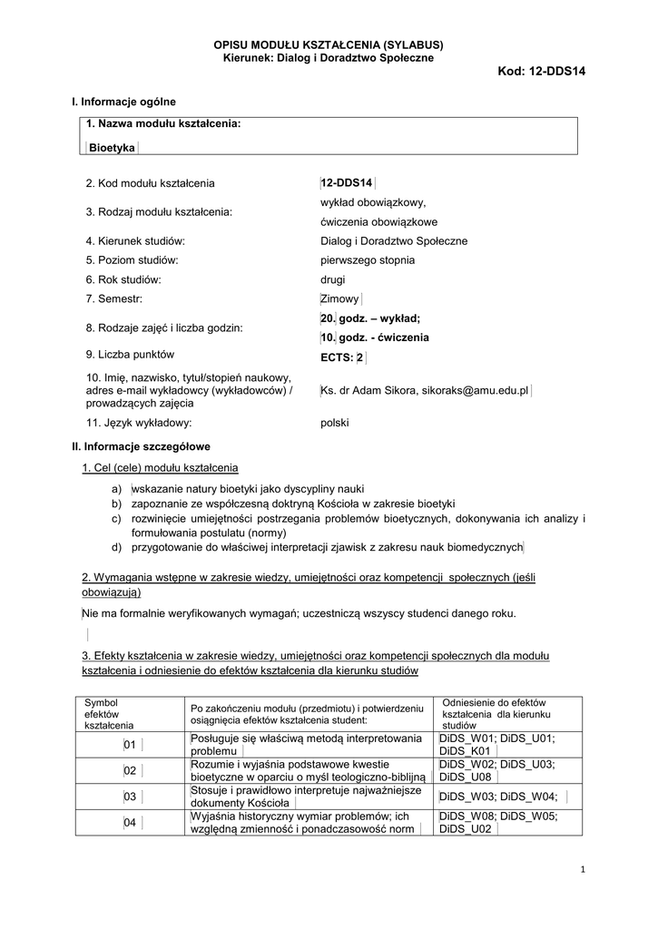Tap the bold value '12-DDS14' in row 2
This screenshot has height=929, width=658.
(347, 183)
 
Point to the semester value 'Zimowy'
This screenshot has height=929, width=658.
(340, 298)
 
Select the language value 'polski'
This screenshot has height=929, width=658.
(335, 423)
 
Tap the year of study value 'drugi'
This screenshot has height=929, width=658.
(333, 279)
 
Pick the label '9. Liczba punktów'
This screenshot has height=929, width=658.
(130, 355)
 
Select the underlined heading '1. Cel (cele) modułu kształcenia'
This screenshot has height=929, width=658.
(160, 467)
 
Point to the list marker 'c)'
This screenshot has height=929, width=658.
(116, 518)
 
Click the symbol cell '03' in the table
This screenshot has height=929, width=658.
(129, 797)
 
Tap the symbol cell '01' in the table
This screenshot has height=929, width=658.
(129, 745)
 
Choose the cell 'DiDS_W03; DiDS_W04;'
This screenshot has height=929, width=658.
(496, 797)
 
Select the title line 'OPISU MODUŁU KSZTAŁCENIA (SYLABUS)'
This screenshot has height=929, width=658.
(329, 44)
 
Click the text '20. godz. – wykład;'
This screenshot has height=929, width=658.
(370, 318)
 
